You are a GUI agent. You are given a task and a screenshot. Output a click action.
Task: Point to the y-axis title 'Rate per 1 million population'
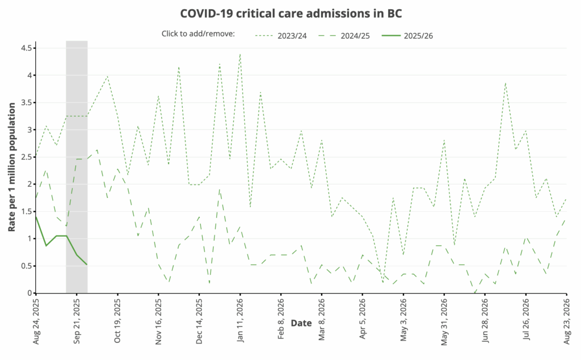pyautogui.click(x=12, y=168)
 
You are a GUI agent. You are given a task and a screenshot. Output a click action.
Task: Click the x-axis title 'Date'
pyautogui.click(x=301, y=323)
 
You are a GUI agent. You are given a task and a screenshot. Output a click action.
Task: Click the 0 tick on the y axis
pyautogui.click(x=30, y=293)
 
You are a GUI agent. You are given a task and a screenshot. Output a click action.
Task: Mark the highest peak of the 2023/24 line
pyautogui.click(x=240, y=54)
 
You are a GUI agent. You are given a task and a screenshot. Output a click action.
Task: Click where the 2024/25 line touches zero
pyautogui.click(x=475, y=293)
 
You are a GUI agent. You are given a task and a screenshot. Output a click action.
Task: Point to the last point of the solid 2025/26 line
pyautogui.click(x=87, y=265)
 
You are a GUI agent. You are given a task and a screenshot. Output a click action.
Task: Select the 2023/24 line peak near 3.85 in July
pyautogui.click(x=505, y=83)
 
